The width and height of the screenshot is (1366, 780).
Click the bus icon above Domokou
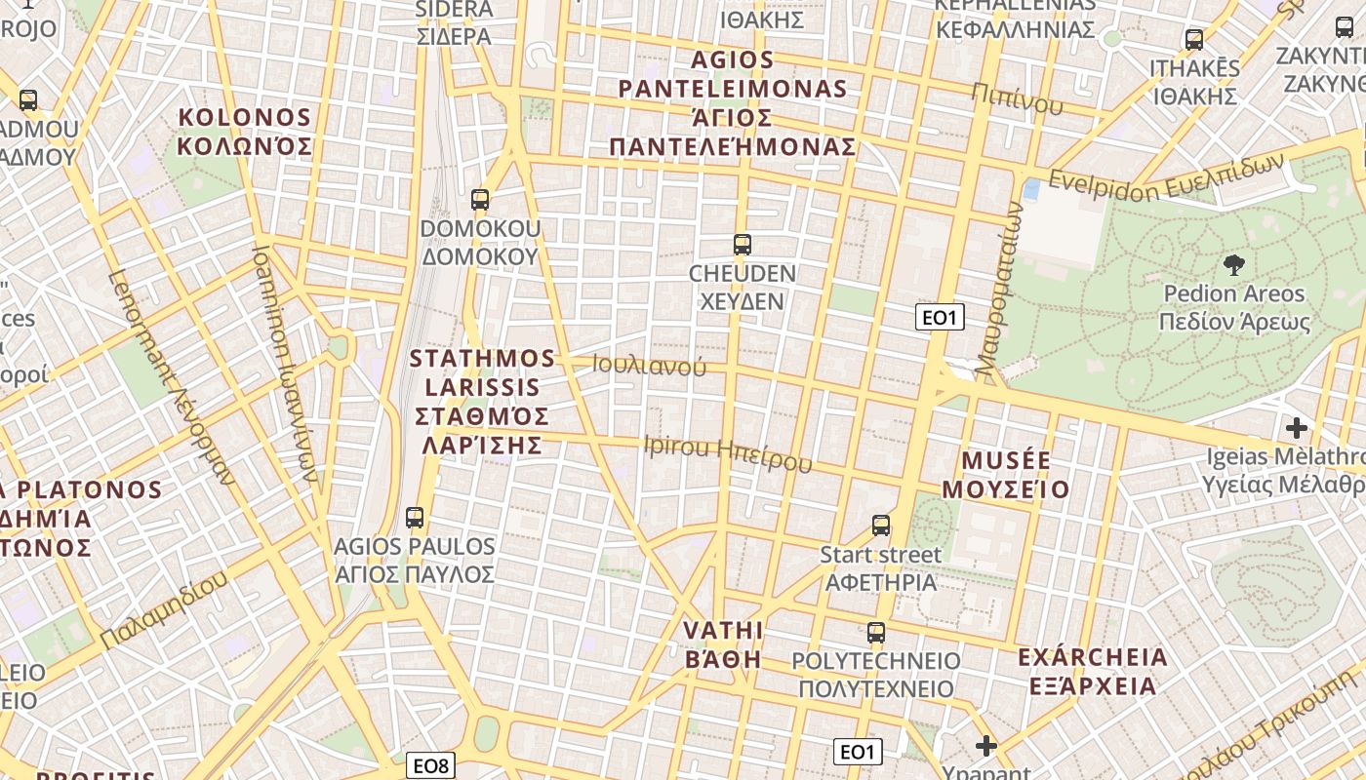[479, 200]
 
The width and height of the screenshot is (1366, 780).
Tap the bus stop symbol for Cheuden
[743, 245]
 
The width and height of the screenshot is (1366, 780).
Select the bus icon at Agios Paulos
[415, 518]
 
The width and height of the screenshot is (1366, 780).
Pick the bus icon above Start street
[881, 526]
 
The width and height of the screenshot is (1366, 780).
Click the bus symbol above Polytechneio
[876, 633]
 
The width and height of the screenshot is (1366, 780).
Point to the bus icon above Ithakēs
[1194, 40]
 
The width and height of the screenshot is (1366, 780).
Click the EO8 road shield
[430, 766]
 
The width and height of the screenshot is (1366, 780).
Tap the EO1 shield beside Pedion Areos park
[940, 317]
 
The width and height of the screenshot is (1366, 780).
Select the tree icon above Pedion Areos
[1233, 264]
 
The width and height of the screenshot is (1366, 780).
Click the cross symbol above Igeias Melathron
[1296, 428]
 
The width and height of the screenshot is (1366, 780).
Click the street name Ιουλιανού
[649, 367]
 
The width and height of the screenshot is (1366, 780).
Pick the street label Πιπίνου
[1017, 97]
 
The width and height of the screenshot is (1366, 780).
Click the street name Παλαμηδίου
[164, 610]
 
